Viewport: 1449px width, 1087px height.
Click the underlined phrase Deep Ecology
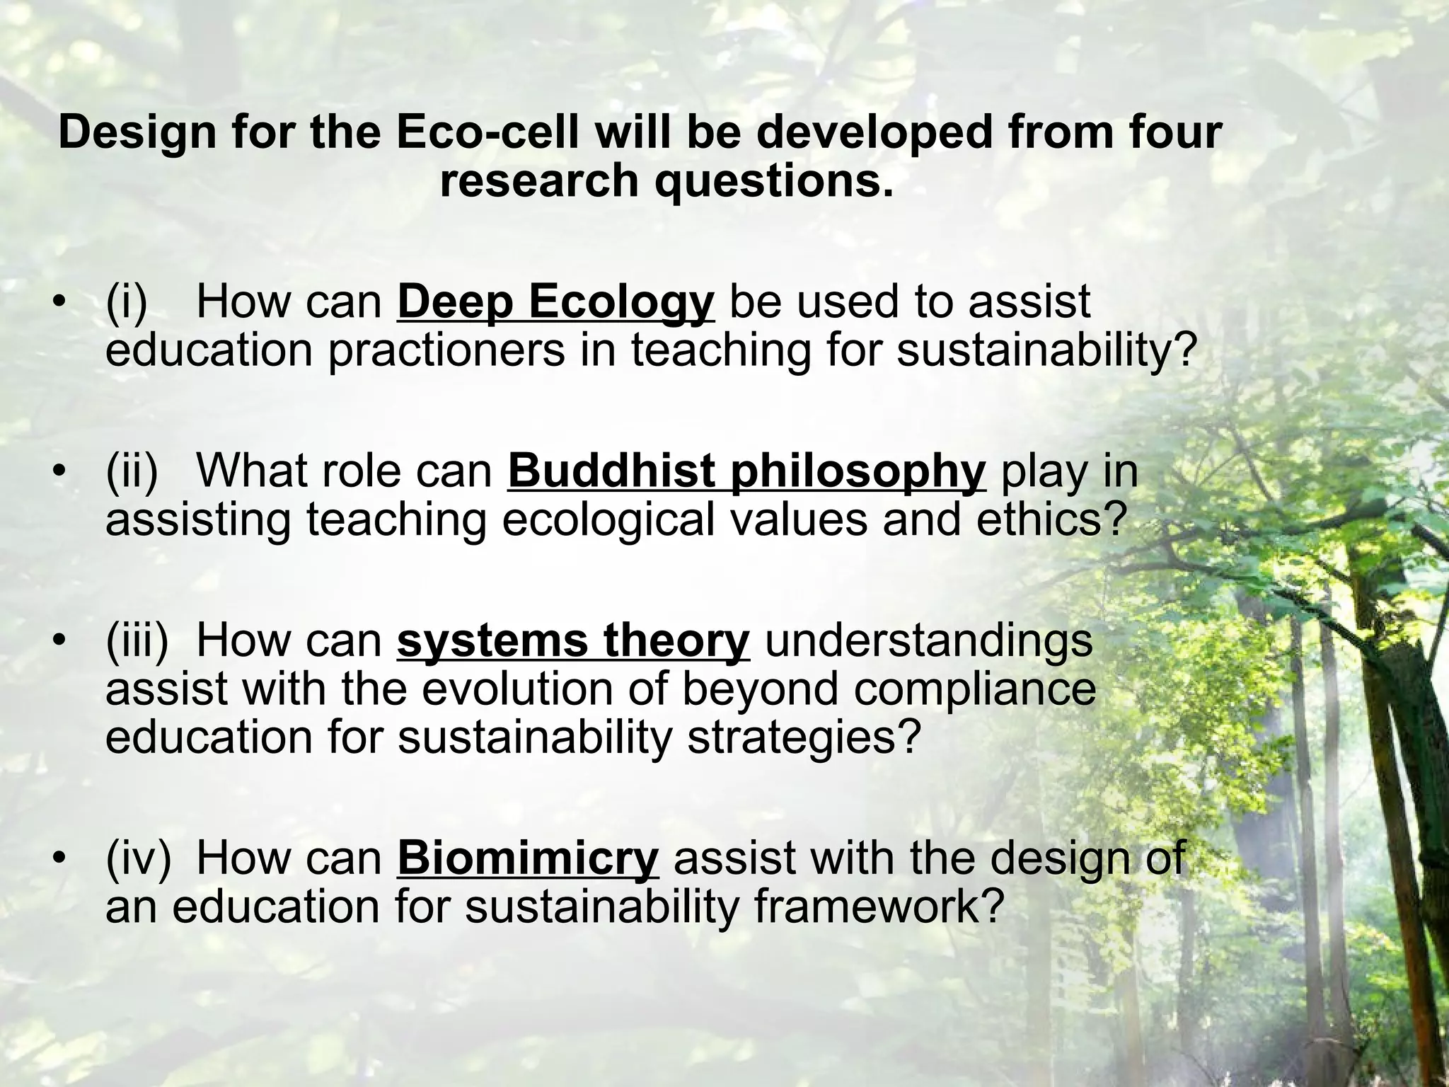(x=555, y=302)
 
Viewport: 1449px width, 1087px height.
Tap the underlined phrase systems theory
(x=573, y=640)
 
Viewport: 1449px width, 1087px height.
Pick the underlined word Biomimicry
(x=528, y=858)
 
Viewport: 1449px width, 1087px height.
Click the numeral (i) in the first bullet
(x=127, y=302)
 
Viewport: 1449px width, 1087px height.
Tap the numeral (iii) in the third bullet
(x=137, y=640)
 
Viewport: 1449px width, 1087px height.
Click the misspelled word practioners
(x=446, y=350)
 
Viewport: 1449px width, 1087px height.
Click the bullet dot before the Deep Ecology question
(x=62, y=304)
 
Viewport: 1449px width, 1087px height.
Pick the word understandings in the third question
(x=929, y=640)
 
